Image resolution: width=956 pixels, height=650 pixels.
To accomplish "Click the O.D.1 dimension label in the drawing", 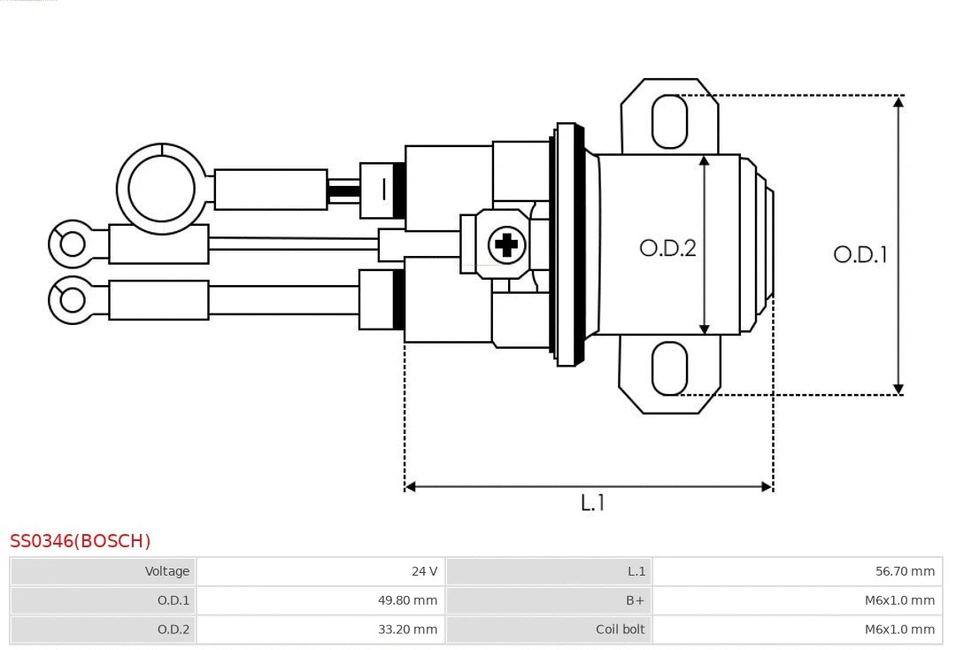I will point(860,255).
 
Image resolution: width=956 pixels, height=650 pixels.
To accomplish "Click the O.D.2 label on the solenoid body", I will point(667,248).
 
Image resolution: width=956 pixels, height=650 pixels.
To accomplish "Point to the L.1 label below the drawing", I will point(592,503).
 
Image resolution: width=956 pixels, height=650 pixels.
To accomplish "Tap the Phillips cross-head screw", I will point(506,244).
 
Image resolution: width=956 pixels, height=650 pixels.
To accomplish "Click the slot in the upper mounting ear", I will point(669,121).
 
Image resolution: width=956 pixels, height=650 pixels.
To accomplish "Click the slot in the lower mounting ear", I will point(669,368).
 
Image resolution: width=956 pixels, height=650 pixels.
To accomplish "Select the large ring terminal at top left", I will point(161,189).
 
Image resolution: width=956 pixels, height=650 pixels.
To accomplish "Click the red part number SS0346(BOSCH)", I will point(81,541).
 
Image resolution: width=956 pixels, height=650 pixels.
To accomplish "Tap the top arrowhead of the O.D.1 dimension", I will point(898,102).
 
